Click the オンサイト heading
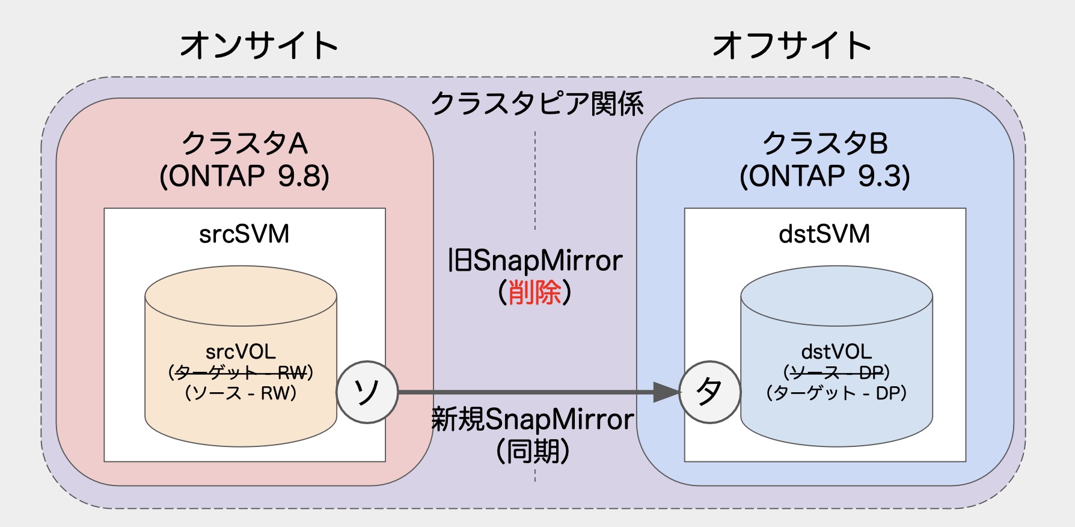pos(259,46)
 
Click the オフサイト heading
pos(792,46)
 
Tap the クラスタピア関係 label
pos(537,103)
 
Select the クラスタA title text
pos(244,144)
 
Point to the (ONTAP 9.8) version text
pos(244,176)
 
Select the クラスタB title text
pos(825,144)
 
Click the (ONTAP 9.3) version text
pos(825,176)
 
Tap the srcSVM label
pos(244,234)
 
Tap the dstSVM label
pos(824,234)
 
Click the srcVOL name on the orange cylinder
pos(240,351)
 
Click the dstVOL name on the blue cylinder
pos(836,351)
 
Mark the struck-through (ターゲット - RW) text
pos(240,372)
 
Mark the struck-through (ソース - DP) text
pos(836,372)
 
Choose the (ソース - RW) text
pos(240,393)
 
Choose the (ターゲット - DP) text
pos(836,393)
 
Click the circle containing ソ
pos(367,392)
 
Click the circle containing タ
pos(709,392)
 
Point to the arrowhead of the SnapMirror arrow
pos(666,392)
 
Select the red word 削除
pos(534,293)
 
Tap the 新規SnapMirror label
pos(533,419)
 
